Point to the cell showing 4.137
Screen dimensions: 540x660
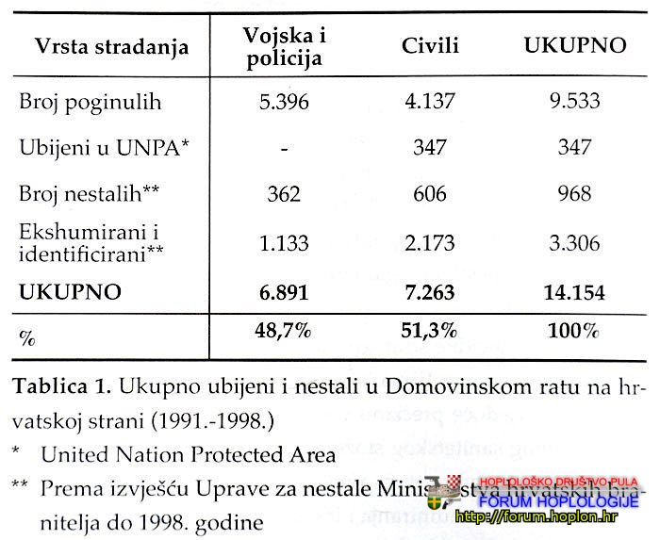tap(431, 102)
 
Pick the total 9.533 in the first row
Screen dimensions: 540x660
tap(574, 102)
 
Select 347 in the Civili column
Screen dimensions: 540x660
tap(431, 147)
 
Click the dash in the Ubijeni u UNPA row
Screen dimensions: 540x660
tap(283, 148)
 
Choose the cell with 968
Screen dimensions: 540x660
tap(574, 193)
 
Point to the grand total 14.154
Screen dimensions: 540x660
tap(574, 292)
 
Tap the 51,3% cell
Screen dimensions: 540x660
tap(431, 332)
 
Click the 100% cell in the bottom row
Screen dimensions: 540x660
tap(574, 332)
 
